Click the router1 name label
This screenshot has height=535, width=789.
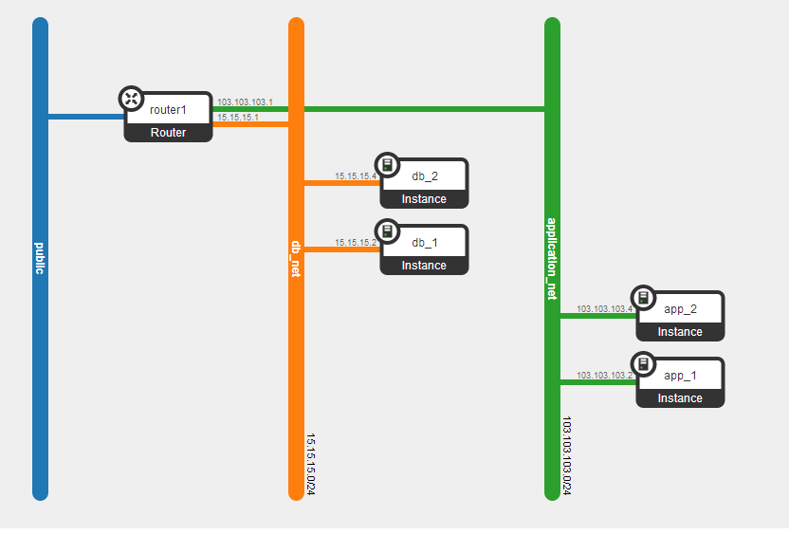pos(168,110)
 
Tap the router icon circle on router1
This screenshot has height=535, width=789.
pos(131,98)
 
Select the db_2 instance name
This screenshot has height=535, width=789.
pos(425,176)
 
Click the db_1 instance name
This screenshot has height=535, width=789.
pos(425,243)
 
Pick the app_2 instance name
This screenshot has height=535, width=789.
pos(680,309)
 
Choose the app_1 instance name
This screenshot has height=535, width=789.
pos(680,376)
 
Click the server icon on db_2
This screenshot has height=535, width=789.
pos(388,164)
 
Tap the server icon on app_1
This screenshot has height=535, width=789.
pos(644,364)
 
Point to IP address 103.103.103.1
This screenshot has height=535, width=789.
pos(245,102)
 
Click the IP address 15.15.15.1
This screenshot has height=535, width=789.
pos(238,118)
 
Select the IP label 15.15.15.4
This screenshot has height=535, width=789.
pos(356,176)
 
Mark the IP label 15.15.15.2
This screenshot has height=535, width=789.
pos(356,243)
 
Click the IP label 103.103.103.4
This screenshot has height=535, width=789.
pos(604,309)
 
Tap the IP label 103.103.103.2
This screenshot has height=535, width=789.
pos(604,376)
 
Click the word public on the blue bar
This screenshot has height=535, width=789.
pos(40,258)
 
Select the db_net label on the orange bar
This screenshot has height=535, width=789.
pos(296,259)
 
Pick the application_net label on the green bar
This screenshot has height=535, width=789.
pos(552,259)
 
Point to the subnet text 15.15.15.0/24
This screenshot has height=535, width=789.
pos(311,464)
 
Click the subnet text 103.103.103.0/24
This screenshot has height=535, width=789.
pos(567,455)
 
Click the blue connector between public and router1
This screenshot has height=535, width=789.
pos(86,117)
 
